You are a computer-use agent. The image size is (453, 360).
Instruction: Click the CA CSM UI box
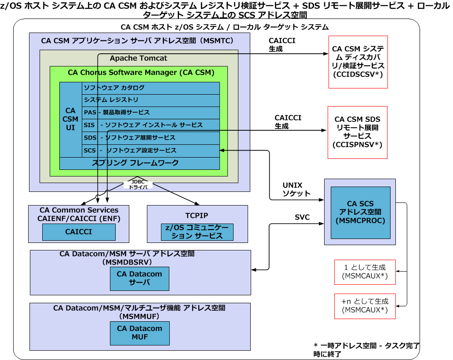click(x=70, y=119)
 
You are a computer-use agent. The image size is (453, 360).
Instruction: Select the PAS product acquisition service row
click(x=150, y=113)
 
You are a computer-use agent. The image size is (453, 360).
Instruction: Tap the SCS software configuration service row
click(x=150, y=151)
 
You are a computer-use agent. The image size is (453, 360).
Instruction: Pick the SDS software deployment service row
click(x=150, y=138)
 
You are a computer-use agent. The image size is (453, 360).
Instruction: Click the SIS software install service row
click(x=150, y=125)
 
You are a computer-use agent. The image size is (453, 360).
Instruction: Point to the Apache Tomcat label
click(x=139, y=58)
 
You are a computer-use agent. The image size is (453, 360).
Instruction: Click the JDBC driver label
click(x=139, y=184)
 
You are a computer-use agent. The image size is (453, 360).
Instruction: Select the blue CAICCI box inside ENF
click(x=79, y=232)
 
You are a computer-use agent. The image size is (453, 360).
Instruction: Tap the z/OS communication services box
click(x=197, y=232)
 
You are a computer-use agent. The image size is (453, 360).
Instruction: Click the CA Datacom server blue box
click(x=139, y=278)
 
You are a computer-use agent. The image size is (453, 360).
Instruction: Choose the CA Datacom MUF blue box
click(x=139, y=333)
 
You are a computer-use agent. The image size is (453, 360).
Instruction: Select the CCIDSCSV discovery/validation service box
click(x=358, y=62)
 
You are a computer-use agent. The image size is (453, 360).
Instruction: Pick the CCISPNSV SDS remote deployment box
click(x=357, y=132)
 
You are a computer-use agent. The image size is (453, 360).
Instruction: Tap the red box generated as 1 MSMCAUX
click(x=365, y=272)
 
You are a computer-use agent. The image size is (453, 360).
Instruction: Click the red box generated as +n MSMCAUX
click(x=365, y=306)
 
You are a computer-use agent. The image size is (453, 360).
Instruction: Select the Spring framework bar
click(x=139, y=163)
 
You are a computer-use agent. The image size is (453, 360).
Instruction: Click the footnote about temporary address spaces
click(x=366, y=349)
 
